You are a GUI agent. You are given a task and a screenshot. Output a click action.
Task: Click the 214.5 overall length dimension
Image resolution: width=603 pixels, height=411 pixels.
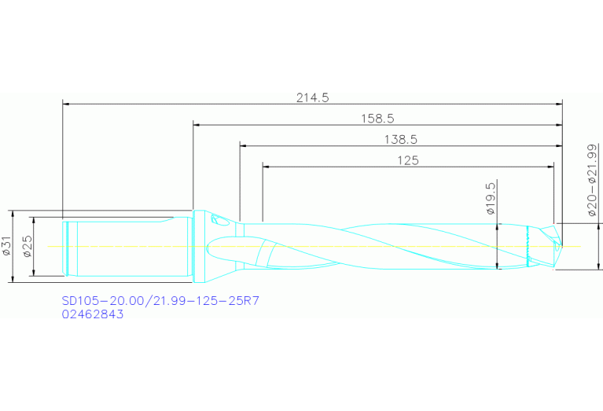(x=312, y=97)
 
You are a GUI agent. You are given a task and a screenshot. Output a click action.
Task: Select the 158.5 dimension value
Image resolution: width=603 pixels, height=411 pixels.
(x=377, y=119)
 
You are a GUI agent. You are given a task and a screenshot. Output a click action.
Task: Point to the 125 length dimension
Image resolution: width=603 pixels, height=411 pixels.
(x=407, y=160)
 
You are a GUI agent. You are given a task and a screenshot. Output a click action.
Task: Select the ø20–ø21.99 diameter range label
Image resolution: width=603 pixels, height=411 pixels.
(x=592, y=181)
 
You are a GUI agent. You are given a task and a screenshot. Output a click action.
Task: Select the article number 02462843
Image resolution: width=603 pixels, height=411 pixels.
(x=93, y=314)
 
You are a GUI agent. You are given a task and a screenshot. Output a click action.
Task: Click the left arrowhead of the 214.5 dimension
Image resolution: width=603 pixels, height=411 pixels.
(x=66, y=103)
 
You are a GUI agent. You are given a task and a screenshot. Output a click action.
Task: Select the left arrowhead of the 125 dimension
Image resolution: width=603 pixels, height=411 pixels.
(x=265, y=167)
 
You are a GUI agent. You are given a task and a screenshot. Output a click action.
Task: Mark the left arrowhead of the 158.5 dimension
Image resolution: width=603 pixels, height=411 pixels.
(x=197, y=124)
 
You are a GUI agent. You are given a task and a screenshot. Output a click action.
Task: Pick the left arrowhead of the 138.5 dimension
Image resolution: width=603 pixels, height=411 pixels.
(x=243, y=145)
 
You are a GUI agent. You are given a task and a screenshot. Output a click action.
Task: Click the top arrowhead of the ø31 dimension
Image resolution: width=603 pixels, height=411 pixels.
(x=13, y=213)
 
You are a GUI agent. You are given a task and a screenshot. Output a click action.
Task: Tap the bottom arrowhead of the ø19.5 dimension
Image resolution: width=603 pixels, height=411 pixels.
(x=497, y=266)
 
